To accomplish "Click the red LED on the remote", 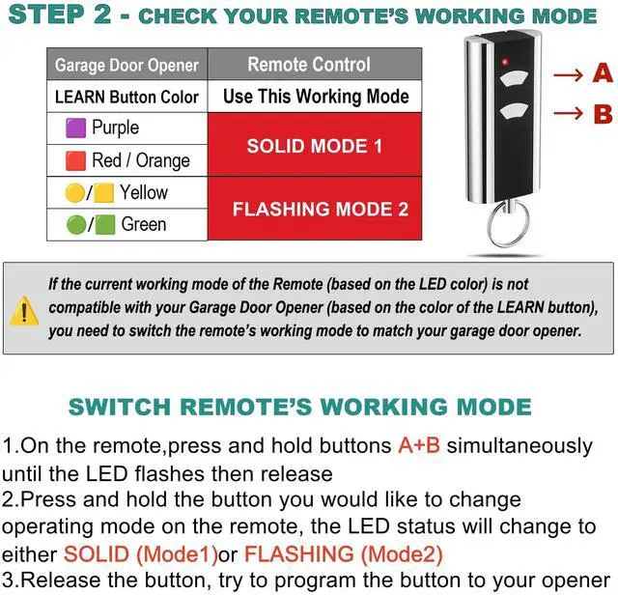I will (x=504, y=63).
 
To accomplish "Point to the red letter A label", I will (x=603, y=73).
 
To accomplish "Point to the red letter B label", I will (x=603, y=114).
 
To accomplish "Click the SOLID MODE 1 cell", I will (x=314, y=146).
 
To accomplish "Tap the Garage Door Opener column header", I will (x=126, y=66).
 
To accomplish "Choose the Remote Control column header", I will (x=308, y=65).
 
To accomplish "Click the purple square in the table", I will (x=75, y=128).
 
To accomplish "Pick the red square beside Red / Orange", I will (x=75, y=160).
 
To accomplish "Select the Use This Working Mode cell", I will (x=316, y=97).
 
